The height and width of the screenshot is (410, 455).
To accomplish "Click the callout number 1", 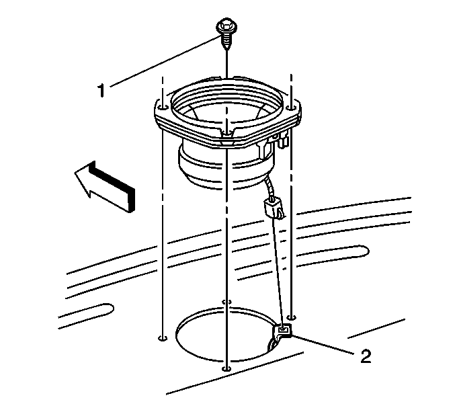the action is pos(101,90).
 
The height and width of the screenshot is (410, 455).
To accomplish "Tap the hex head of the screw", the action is pos(226,26).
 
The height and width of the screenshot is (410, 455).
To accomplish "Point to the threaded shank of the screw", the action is pos(226,40).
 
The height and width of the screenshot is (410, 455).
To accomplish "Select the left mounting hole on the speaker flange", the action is pos(163,108).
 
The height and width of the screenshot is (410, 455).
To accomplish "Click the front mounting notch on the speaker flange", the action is pos(226,134).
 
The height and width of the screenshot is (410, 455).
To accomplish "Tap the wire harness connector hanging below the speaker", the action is pos(273,206).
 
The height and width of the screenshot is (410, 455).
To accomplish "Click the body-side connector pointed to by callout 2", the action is pos(282,331).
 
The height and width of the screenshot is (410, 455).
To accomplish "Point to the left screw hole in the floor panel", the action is pos(163,338).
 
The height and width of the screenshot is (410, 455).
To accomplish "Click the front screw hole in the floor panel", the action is pos(226,369).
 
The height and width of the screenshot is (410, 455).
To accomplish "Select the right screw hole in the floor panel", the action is pos(291,317).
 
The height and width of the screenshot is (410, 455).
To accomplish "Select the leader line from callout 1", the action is pos(165,62).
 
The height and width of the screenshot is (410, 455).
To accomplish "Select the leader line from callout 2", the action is pos(323,344).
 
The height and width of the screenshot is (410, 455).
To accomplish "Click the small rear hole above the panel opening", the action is pos(226,302).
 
